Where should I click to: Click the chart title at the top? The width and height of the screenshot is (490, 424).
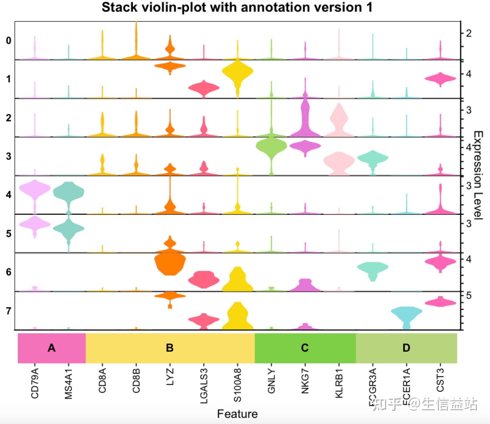pyautogui.click(x=237, y=7)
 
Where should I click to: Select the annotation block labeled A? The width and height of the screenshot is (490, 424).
pyautogui.click(x=52, y=348)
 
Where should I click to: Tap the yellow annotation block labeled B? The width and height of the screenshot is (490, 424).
pyautogui.click(x=170, y=348)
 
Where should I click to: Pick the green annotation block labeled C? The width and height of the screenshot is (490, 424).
pyautogui.click(x=305, y=348)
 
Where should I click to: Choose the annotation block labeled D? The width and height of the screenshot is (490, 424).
pyautogui.click(x=406, y=348)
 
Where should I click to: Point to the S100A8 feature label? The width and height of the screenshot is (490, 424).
pyautogui.click(x=237, y=385)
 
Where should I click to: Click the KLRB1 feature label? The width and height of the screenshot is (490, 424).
pyautogui.click(x=339, y=384)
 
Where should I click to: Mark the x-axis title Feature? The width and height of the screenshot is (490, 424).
pyautogui.click(x=237, y=414)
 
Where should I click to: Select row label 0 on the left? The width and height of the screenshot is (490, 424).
pyautogui.click(x=9, y=41)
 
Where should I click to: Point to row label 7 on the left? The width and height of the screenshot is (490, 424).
pyautogui.click(x=9, y=311)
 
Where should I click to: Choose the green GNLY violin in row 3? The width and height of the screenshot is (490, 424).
pyautogui.click(x=271, y=146)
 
